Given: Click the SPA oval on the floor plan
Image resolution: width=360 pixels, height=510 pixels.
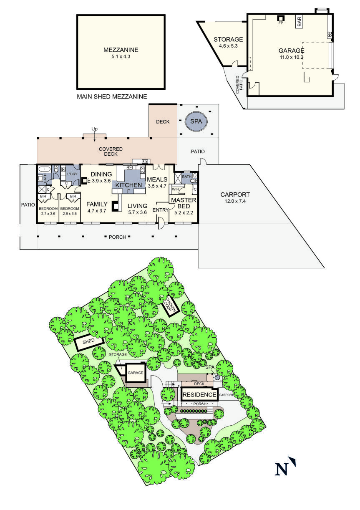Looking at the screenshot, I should (x=195, y=121).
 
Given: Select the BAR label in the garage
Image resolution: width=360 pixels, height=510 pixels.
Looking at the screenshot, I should (x=299, y=22).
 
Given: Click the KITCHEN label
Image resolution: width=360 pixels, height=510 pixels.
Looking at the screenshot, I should (x=129, y=185).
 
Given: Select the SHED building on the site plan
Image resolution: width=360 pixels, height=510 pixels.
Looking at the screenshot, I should (x=88, y=342).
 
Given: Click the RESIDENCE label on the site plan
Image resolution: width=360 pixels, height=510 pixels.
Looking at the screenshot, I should (x=199, y=394).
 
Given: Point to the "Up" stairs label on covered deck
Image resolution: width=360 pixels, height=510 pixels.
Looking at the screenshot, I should (x=94, y=129).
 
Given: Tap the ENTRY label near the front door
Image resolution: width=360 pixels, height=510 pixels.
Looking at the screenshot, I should (x=160, y=210).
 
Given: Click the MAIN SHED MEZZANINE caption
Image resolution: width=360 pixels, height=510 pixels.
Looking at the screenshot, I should (x=112, y=96).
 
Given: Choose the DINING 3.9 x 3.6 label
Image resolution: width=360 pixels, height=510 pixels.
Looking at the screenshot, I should (x=101, y=177).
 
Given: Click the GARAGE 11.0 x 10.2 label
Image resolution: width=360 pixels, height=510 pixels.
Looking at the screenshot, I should (x=291, y=54).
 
